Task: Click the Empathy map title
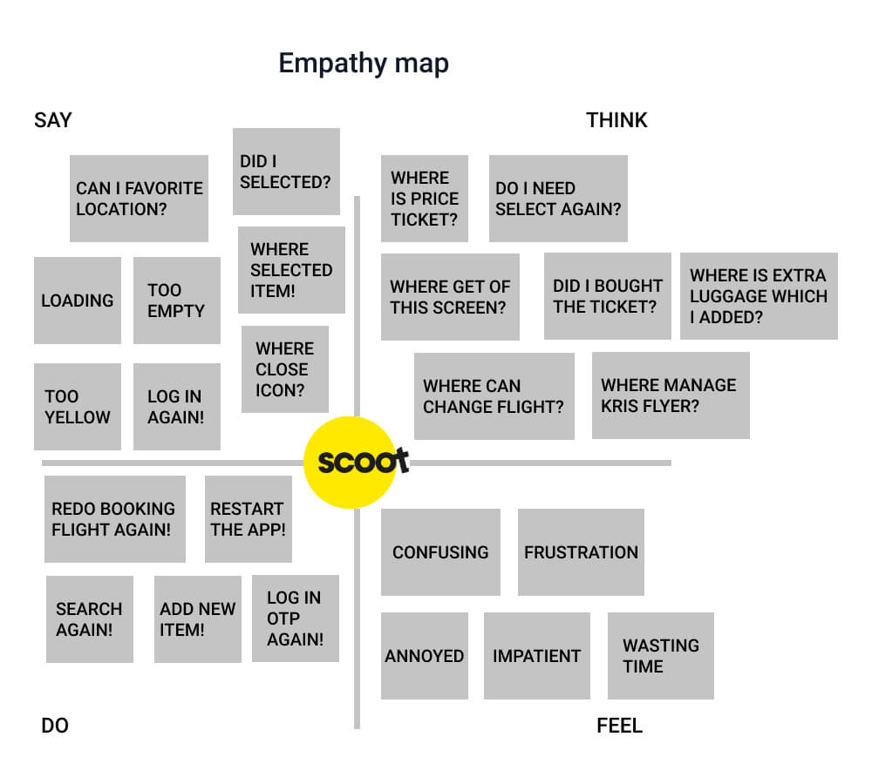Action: pos(364,64)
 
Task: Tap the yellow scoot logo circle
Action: pos(351,463)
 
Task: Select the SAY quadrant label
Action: pos(53,120)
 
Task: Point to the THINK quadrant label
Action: pos(617,120)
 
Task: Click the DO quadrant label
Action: pos(55,725)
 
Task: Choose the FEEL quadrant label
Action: pos(619,725)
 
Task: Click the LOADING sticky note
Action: pos(78,300)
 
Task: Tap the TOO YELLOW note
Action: pos(78,407)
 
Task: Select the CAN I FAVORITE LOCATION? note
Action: pos(139,199)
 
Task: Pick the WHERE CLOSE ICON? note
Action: pos(285,369)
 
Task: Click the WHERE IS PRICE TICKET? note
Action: pos(425,199)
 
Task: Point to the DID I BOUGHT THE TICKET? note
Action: pos(607,296)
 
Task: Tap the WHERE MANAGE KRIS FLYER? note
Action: pos(671,395)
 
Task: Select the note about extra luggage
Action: pos(759,296)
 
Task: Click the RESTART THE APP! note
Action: pos(248,519)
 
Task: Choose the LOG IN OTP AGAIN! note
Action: pos(296,618)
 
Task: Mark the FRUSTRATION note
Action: pos(581,552)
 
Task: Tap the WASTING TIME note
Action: pos(661,656)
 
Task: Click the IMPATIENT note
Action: pos(536,656)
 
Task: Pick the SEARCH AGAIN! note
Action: pos(90,619)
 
